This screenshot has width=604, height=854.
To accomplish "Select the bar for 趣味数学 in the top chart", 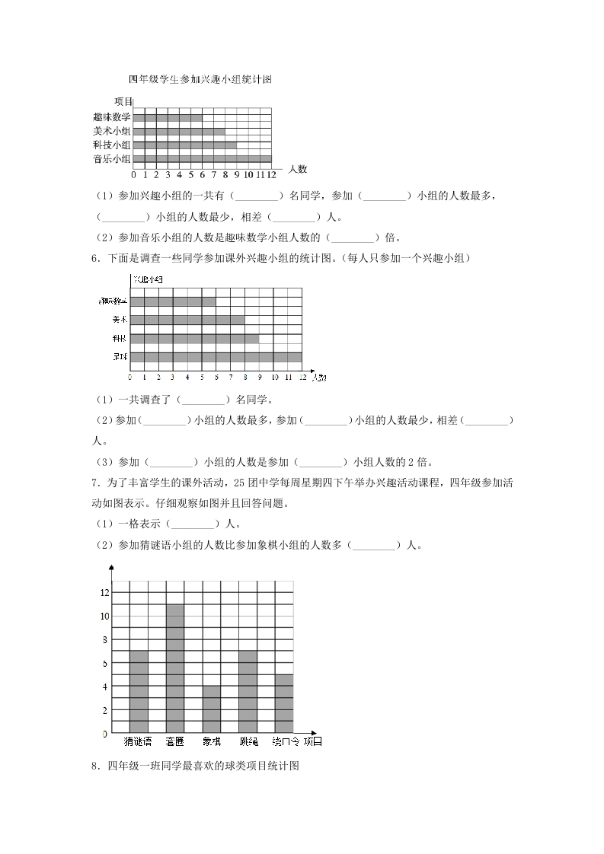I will tap(168, 117).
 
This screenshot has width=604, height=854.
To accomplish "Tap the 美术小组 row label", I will tap(112, 131).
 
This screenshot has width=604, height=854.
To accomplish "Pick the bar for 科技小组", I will tap(185, 145).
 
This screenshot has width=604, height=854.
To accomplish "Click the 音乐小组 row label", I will tap(112, 159).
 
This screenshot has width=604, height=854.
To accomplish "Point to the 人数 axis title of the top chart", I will tap(297, 169).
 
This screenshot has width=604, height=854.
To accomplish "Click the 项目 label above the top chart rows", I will tap(123, 101).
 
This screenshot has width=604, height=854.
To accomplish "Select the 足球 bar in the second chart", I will tap(216, 357).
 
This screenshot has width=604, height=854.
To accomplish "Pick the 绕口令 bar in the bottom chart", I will tap(284, 703).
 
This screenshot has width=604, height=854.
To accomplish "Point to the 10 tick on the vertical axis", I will tap(105, 616).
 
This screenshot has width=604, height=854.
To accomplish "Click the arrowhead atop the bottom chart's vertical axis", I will tap(112, 568).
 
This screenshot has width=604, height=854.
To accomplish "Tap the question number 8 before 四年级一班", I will tap(93, 766).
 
